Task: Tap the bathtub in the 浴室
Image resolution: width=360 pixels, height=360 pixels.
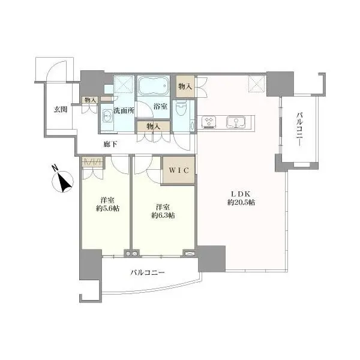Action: pos(154,85)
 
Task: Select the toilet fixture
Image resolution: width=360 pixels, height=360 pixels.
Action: pos(181,107)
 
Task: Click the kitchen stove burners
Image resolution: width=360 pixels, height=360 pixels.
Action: pos(209,122)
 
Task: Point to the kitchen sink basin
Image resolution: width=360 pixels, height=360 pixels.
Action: pos(236,122)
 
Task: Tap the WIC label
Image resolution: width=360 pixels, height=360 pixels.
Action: pos(179,170)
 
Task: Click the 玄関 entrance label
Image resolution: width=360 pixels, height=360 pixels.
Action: pos(61,109)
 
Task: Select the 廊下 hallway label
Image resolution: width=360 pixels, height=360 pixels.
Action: pos(110,144)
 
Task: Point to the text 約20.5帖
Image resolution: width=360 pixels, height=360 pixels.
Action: pos(241,202)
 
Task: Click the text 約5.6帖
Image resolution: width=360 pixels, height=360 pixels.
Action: pos(107,208)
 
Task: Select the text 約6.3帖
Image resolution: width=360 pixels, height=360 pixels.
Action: pos(163,215)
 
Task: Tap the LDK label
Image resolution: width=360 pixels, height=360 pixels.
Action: pos(241,194)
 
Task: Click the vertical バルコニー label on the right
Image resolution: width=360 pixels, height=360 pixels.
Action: pos(299,129)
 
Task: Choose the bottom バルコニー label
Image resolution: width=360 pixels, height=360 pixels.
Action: pos(148,272)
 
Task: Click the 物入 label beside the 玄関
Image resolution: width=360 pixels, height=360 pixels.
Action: pos(90,100)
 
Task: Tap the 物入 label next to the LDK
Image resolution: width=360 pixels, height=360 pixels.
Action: pos(185,86)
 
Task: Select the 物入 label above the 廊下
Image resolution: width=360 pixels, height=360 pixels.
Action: pos(153,126)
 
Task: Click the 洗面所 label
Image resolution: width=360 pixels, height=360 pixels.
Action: pos(124,110)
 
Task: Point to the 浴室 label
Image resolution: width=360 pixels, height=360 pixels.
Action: pos(160,106)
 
